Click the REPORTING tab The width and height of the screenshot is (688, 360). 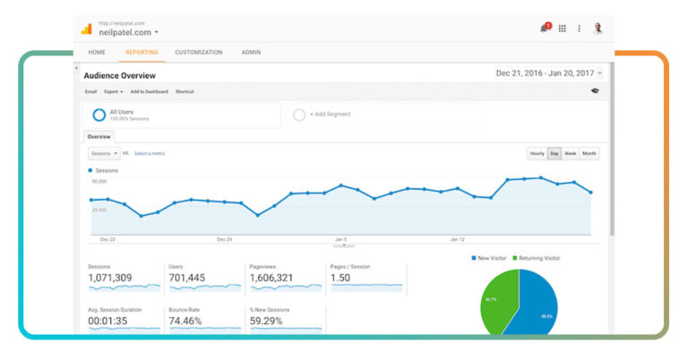[142, 52]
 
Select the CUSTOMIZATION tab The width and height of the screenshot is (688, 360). [198, 52]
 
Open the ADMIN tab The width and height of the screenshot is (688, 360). [251, 52]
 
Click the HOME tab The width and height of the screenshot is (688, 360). [96, 52]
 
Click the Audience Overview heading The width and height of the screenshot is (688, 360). [119, 76]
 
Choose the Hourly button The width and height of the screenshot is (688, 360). [537, 153]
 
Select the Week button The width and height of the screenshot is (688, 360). [570, 153]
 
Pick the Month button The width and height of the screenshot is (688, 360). [589, 153]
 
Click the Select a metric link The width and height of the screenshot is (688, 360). [150, 153]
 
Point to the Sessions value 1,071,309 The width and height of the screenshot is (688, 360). [110, 278]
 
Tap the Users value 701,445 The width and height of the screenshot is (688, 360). [186, 278]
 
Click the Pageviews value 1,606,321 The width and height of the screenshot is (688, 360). [272, 278]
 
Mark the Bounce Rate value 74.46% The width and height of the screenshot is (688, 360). [186, 321]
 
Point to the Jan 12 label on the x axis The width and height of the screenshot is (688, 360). [457, 240]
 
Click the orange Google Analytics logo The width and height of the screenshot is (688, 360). [86, 29]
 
